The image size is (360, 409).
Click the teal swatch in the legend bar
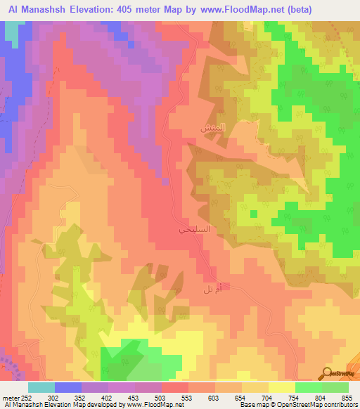[x=41, y=387]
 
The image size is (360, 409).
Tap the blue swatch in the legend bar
[x=68, y=387]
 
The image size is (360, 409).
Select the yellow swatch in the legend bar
[x=282, y=387]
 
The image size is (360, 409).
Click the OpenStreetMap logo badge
[x=337, y=374]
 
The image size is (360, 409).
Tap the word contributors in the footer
[x=340, y=405]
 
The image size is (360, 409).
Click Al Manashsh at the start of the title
[x=32, y=9]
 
